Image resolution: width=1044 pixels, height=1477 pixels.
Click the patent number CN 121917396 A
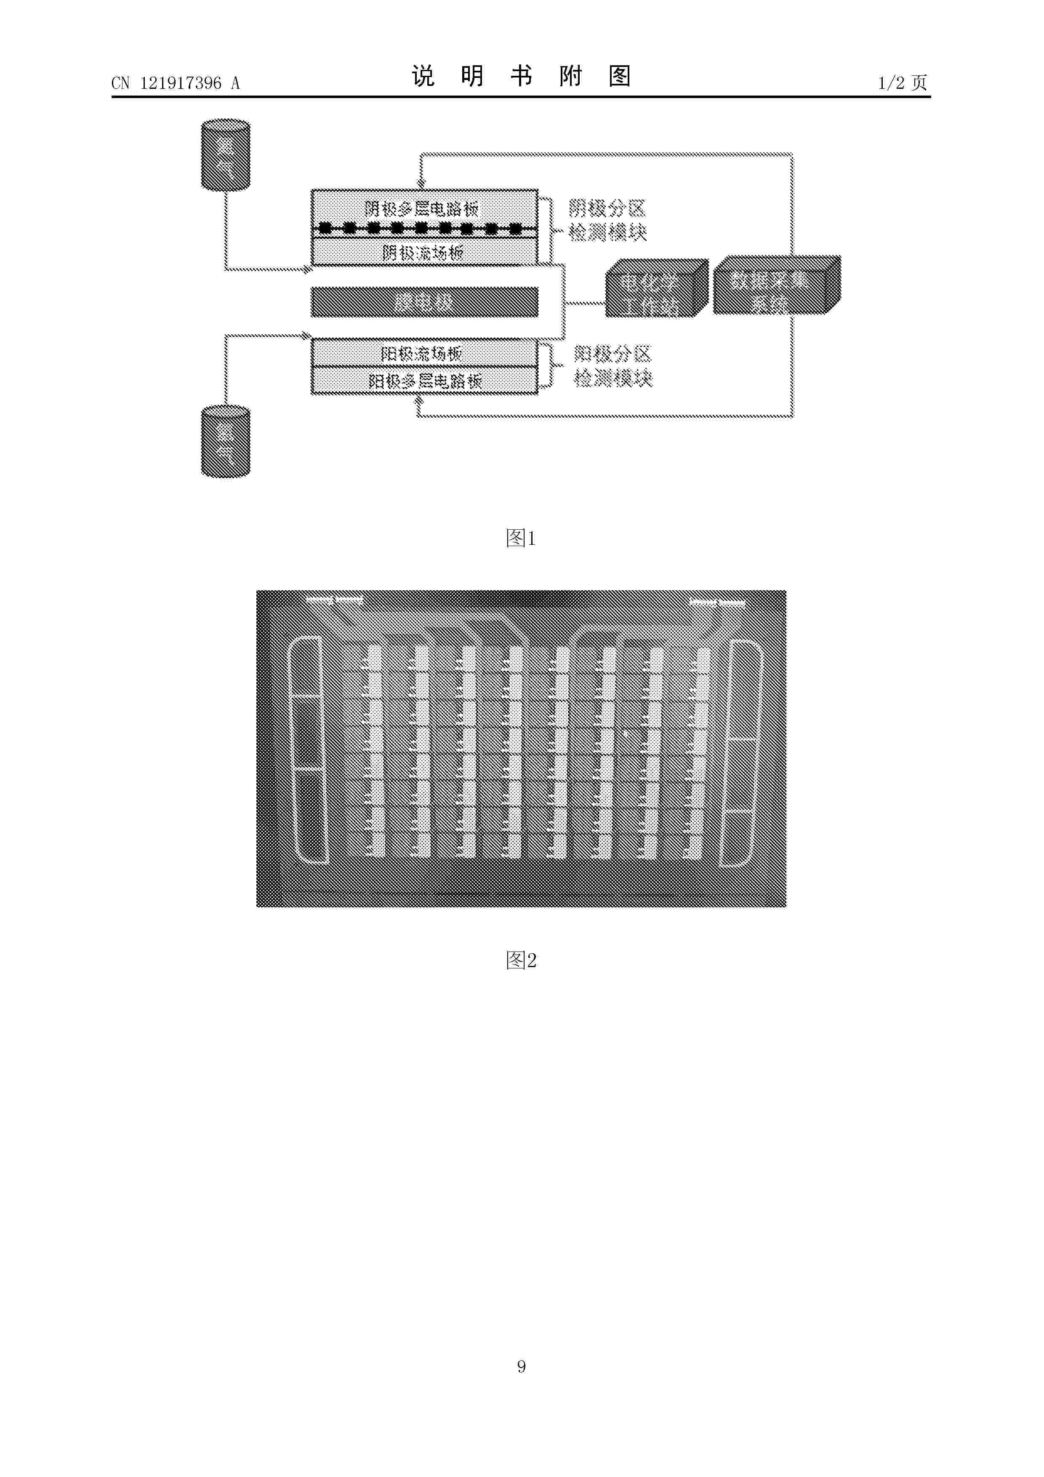(x=175, y=83)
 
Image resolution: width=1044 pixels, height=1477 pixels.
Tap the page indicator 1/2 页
(x=903, y=83)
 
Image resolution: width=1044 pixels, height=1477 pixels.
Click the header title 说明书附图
(x=521, y=77)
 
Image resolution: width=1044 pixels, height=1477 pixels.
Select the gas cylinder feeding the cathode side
(x=225, y=155)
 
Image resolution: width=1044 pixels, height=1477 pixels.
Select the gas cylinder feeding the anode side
(x=225, y=441)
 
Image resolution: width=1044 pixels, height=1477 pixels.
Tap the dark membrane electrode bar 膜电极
(x=424, y=302)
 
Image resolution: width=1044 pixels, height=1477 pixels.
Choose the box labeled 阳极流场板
(x=424, y=353)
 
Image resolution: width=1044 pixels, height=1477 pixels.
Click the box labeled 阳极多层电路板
(x=424, y=381)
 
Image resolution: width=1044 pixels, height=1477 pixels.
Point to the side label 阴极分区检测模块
(x=607, y=220)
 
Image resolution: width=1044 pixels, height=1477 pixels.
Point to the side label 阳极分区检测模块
(x=613, y=366)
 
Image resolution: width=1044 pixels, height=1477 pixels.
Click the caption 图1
(x=521, y=538)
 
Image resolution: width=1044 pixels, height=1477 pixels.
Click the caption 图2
(x=521, y=960)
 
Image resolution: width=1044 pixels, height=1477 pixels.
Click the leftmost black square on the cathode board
(x=325, y=228)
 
